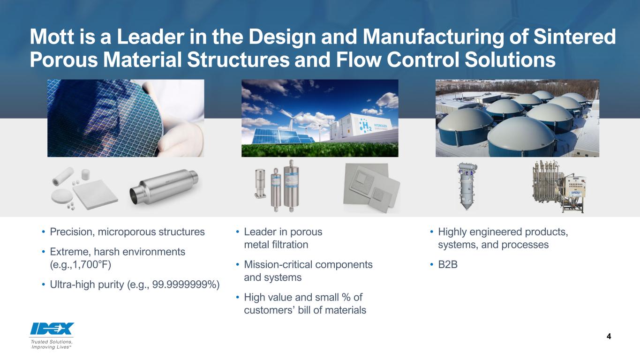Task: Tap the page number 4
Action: coord(609,337)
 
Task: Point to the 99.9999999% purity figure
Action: coord(192,285)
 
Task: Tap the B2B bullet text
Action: coord(447,265)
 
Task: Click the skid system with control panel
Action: coord(558,187)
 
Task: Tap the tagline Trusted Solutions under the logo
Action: coord(52,342)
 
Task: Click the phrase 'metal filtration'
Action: coord(276,244)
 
